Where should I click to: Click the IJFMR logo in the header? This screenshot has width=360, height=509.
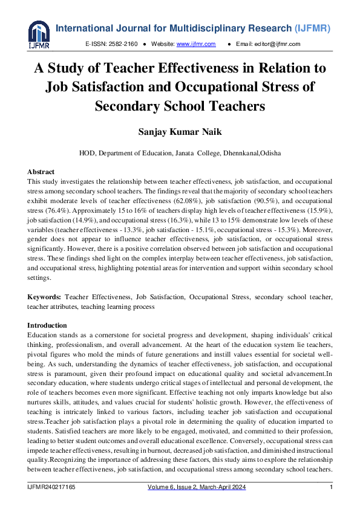coord(39,34)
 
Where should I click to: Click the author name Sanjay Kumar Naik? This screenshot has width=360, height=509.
coord(180,131)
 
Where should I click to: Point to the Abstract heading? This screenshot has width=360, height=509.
coord(41,172)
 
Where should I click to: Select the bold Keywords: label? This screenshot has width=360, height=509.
coord(44,297)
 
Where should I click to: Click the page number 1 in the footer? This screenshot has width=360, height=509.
coord(331,488)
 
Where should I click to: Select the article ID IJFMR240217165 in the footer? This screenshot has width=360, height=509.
coord(51,488)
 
